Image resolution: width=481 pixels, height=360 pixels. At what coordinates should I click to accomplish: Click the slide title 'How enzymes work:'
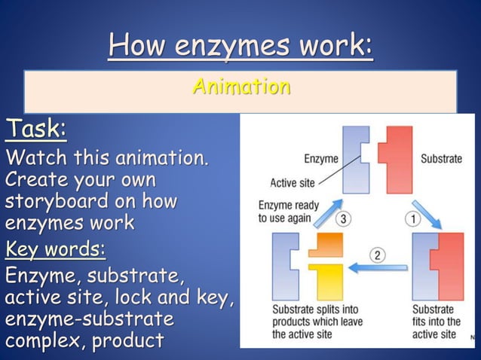click(240, 47)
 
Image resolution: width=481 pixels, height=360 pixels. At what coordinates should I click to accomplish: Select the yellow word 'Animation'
click(240, 87)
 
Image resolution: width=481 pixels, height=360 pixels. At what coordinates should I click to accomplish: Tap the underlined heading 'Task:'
click(35, 130)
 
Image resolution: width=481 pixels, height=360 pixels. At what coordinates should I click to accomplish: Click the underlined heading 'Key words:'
click(55, 248)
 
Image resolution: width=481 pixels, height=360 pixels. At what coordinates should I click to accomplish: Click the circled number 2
click(377, 255)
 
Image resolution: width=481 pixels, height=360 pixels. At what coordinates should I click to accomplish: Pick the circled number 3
click(343, 219)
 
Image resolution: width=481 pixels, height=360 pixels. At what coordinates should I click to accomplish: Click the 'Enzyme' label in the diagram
click(320, 159)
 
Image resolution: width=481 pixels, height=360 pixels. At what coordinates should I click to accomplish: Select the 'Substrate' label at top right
click(441, 159)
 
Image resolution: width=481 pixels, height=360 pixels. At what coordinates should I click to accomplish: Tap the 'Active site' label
click(293, 182)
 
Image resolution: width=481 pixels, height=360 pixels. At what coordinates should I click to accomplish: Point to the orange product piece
click(325, 246)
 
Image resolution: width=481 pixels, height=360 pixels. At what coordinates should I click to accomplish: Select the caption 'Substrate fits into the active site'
click(436, 322)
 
